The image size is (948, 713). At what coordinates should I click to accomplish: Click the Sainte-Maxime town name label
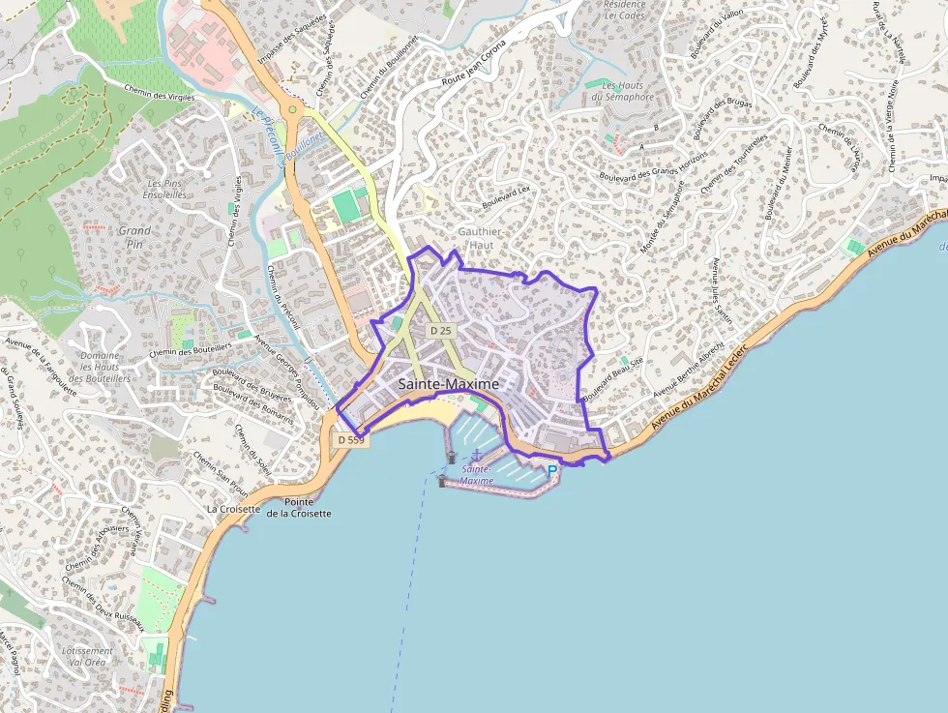pos(449,384)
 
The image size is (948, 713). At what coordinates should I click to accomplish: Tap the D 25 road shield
pos(441,331)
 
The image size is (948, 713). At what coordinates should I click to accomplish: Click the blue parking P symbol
pos(552,471)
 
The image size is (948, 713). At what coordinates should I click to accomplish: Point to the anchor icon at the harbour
pos(476,455)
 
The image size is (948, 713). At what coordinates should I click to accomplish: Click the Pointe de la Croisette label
pos(299,507)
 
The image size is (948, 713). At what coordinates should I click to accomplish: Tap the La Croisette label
pos(234,508)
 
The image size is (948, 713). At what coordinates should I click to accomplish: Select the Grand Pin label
pos(134,238)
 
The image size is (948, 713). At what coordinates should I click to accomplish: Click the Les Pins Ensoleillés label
pos(166,189)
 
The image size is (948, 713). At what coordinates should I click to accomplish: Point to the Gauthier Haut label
pos(480,239)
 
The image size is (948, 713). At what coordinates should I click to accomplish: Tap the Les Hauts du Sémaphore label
pos(622,91)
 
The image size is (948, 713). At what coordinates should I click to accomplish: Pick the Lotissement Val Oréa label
pos(87,656)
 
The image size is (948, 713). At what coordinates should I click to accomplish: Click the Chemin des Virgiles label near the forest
pos(160,93)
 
